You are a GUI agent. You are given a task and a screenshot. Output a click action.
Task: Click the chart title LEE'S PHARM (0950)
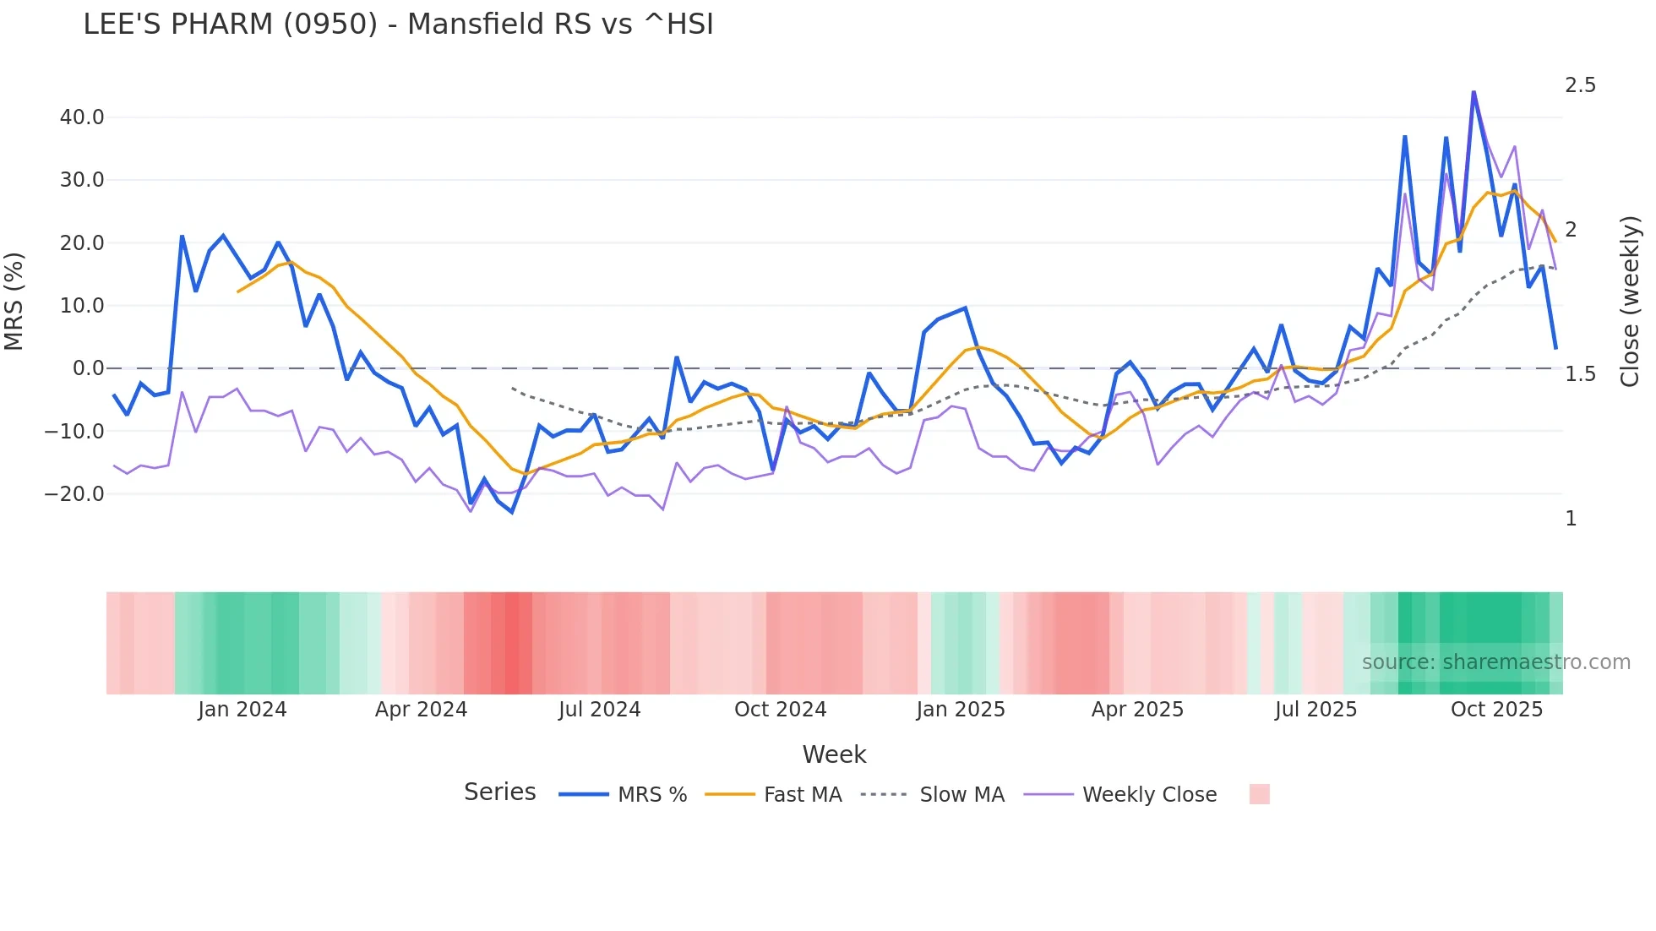(x=398, y=24)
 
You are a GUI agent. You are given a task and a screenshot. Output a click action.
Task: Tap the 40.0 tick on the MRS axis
(x=82, y=117)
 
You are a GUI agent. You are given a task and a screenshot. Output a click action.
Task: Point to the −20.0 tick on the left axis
(x=74, y=494)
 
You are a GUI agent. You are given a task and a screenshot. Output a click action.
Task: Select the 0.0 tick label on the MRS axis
(x=88, y=368)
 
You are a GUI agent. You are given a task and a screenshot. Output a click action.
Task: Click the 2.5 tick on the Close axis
(x=1580, y=85)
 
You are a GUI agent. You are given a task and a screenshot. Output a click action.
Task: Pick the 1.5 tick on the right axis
(x=1580, y=374)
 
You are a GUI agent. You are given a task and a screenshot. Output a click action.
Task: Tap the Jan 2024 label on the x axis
(x=242, y=710)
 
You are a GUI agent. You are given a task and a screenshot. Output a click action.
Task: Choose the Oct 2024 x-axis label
(x=780, y=710)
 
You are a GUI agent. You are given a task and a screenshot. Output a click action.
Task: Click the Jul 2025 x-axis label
(x=1316, y=710)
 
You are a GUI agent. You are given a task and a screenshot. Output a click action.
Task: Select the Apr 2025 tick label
(x=1137, y=710)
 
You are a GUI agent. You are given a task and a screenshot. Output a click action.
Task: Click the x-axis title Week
(x=834, y=754)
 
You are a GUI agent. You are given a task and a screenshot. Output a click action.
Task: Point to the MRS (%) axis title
(x=14, y=301)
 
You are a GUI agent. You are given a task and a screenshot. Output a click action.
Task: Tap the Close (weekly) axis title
(x=1630, y=302)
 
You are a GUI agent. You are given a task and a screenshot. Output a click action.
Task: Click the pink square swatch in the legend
(x=1259, y=794)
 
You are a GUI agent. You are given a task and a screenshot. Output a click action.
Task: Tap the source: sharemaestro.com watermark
(x=1495, y=662)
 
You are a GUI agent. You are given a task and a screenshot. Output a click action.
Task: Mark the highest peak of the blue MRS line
(x=1474, y=92)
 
